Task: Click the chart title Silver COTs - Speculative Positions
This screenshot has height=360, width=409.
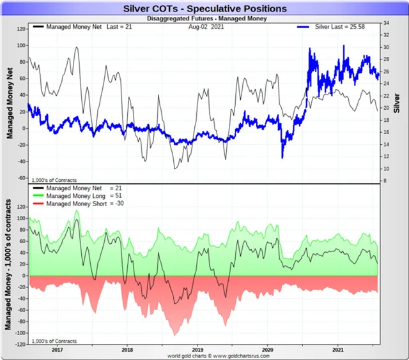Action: point(204,9)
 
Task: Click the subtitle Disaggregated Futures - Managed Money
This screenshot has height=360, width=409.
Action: point(204,19)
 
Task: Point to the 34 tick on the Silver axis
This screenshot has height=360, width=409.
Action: point(387,22)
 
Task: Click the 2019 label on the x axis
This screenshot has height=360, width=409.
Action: point(197,350)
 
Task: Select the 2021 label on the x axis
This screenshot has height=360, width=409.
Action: point(338,350)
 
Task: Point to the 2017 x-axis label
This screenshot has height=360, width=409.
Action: point(57,350)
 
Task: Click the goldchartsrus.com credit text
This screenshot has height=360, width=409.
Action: point(204,356)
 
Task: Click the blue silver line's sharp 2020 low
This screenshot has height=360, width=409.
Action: point(282,158)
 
